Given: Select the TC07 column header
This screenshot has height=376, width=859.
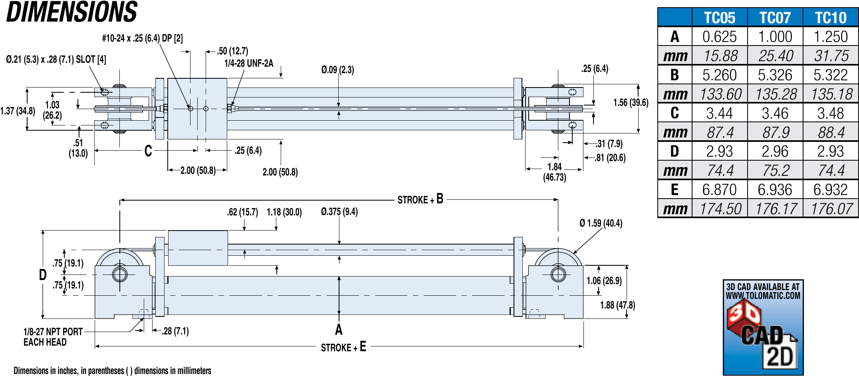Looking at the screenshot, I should (775, 18).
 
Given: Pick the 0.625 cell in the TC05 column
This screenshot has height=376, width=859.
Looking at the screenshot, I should (719, 37).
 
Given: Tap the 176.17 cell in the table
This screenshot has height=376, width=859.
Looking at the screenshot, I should (776, 209).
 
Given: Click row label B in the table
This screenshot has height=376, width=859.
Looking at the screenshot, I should (675, 75).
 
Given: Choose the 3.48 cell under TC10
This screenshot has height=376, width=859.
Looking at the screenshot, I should (830, 113).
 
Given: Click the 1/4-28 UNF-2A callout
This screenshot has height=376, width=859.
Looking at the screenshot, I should (248, 64).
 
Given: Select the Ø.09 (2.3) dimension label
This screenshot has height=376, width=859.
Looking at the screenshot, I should (337, 70).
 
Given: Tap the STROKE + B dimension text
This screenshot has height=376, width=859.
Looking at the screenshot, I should (420, 199).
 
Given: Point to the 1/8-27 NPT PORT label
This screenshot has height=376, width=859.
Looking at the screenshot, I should (53, 332).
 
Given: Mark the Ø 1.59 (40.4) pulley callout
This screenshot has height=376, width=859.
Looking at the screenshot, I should (601, 223).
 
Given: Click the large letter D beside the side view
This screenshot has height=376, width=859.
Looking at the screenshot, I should (43, 275).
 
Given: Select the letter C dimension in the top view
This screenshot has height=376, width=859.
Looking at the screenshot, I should (148, 151).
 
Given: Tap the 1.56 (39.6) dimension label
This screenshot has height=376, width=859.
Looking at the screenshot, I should (631, 103).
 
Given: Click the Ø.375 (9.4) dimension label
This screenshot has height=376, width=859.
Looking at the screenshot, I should (339, 212).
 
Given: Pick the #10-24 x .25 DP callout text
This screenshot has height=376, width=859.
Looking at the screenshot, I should (142, 38).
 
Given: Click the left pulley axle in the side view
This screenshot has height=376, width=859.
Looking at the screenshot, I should (120, 275).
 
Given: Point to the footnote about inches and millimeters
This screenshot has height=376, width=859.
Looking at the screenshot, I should (112, 371).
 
